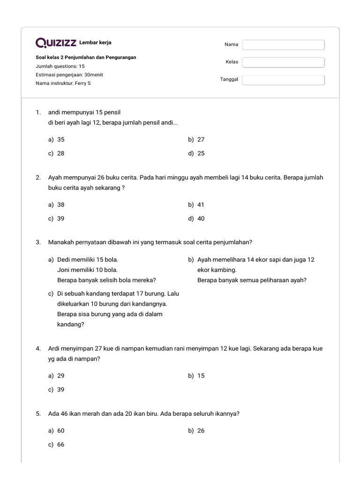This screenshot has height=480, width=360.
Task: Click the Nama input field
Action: tap(283, 45)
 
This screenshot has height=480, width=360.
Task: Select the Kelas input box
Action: tap(283, 62)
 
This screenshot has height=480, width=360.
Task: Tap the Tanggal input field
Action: tap(283, 80)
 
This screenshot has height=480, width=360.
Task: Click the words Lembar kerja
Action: tap(96, 43)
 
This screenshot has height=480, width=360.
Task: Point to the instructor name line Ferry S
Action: tap(63, 83)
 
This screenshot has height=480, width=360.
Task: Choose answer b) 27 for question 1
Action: tap(196, 139)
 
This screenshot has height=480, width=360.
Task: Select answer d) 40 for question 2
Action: tap(196, 218)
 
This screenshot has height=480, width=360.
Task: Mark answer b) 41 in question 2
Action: tap(196, 204)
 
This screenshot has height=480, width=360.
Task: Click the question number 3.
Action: tap(38, 242)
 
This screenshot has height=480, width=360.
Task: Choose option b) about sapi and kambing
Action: tap(251, 270)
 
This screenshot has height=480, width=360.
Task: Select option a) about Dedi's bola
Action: tap(102, 270)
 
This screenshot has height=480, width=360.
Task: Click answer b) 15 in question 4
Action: tap(196, 375)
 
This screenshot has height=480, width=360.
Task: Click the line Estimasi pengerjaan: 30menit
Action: tap(69, 75)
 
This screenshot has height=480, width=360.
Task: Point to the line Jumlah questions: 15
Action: tap(60, 66)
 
